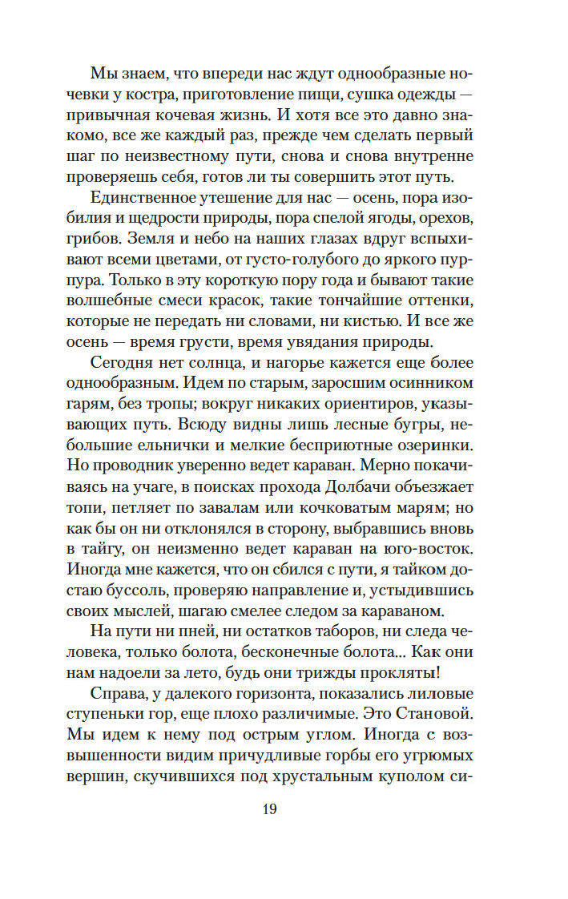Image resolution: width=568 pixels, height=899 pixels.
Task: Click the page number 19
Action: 268,809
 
